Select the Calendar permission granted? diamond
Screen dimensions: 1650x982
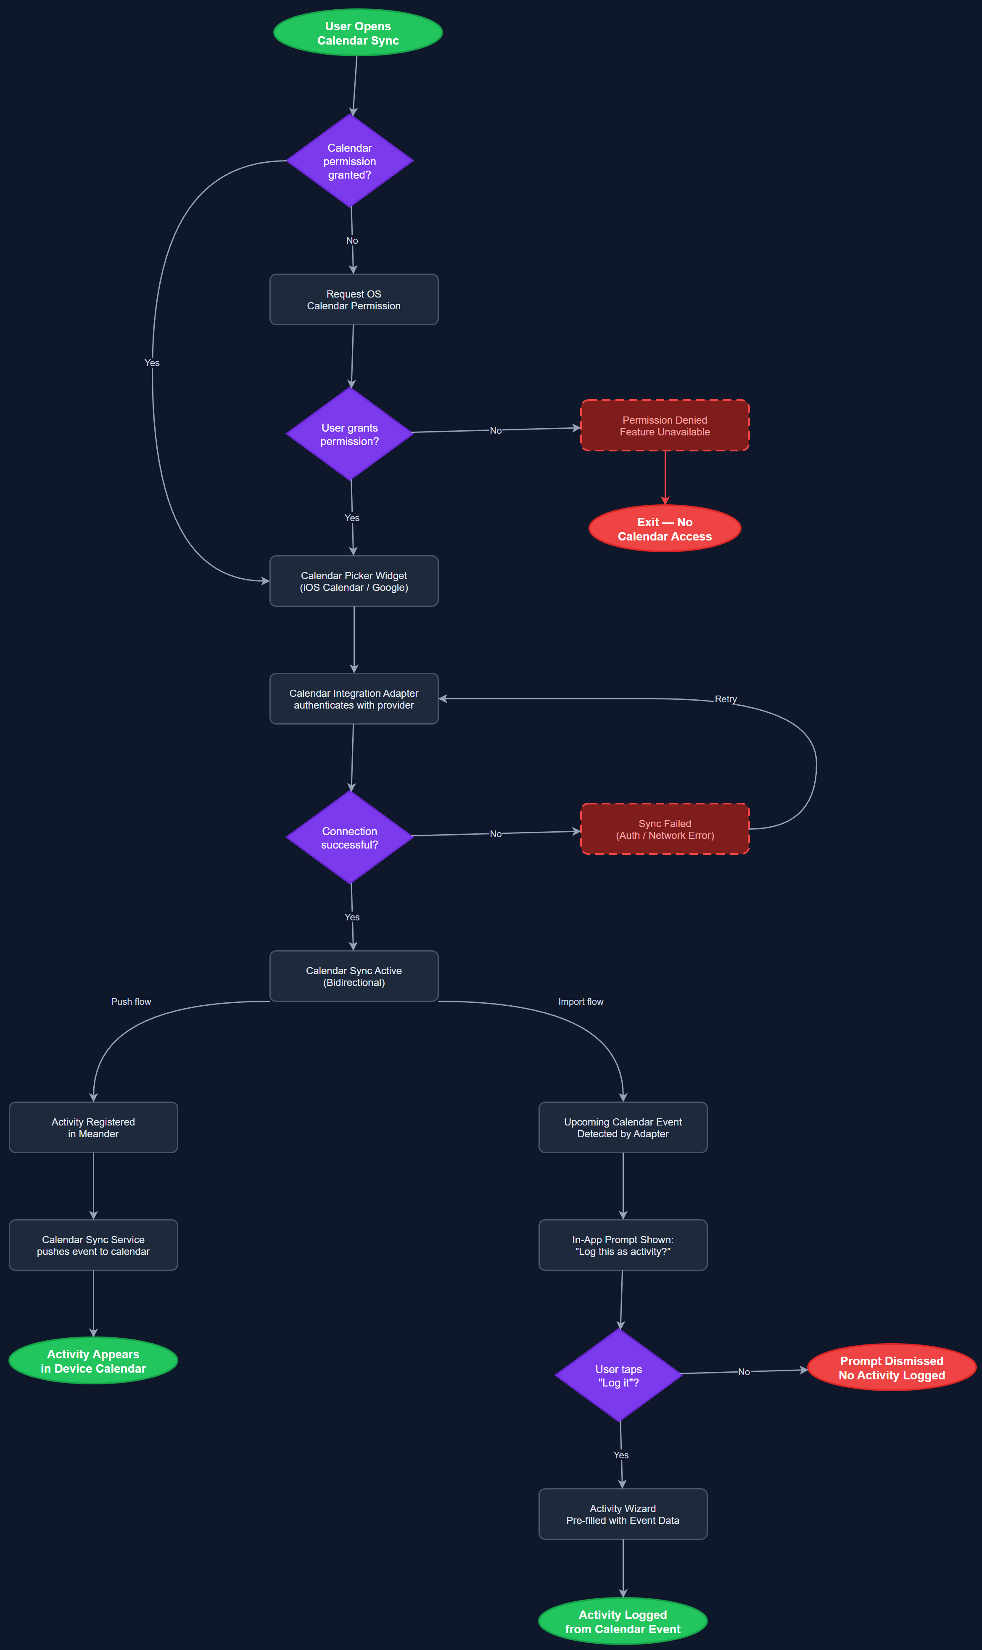(349, 161)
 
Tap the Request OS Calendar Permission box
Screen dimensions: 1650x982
(354, 300)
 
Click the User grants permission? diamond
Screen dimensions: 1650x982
(349, 434)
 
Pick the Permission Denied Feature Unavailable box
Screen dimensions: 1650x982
(664, 425)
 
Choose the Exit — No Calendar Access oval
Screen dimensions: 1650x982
(664, 529)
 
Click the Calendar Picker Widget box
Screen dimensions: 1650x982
(354, 581)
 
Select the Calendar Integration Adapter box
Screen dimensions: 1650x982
(354, 698)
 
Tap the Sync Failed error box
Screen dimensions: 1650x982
(664, 829)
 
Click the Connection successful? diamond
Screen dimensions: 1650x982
(349, 838)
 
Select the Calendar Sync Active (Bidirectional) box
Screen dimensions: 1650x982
(354, 976)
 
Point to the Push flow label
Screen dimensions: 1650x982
(131, 1002)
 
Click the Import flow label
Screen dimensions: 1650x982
(581, 1002)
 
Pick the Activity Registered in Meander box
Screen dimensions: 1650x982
(93, 1127)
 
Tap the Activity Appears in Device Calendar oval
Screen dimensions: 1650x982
(93, 1361)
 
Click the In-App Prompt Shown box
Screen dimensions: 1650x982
(623, 1245)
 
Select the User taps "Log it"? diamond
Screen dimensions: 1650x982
(618, 1376)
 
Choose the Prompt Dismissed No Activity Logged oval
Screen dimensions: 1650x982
(891, 1368)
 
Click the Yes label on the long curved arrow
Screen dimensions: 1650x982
(152, 363)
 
